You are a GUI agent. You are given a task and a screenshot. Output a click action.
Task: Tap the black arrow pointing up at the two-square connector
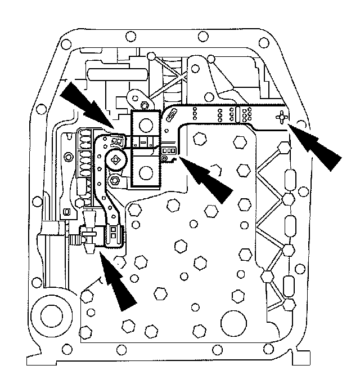pyautogui.click(x=119, y=282)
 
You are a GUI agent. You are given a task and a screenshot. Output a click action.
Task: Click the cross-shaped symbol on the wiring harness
pyautogui.click(x=281, y=117)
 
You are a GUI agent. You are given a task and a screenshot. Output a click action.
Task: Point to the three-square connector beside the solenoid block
pyautogui.click(x=169, y=151)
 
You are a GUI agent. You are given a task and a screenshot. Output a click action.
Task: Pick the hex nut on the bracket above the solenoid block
pyautogui.click(x=145, y=105)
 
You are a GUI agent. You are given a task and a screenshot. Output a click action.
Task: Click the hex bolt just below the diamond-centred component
pyautogui.click(x=115, y=181)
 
